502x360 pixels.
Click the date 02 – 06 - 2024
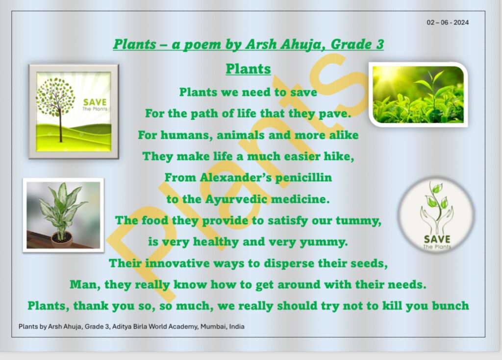[448, 23]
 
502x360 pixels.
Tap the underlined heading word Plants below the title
[248, 69]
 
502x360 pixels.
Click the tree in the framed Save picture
[56, 100]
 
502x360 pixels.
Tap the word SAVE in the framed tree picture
[95, 102]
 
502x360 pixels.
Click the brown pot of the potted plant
[62, 239]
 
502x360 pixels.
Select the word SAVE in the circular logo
[436, 239]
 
